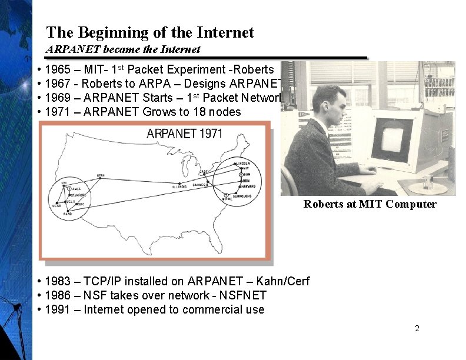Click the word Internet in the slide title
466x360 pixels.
tap(227, 32)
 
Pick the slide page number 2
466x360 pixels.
tap(417, 328)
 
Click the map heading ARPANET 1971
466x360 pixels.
tap(184, 134)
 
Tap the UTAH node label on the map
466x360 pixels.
tap(101, 175)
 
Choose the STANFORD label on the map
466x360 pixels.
tap(79, 195)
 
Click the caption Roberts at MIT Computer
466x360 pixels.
tap(370, 204)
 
